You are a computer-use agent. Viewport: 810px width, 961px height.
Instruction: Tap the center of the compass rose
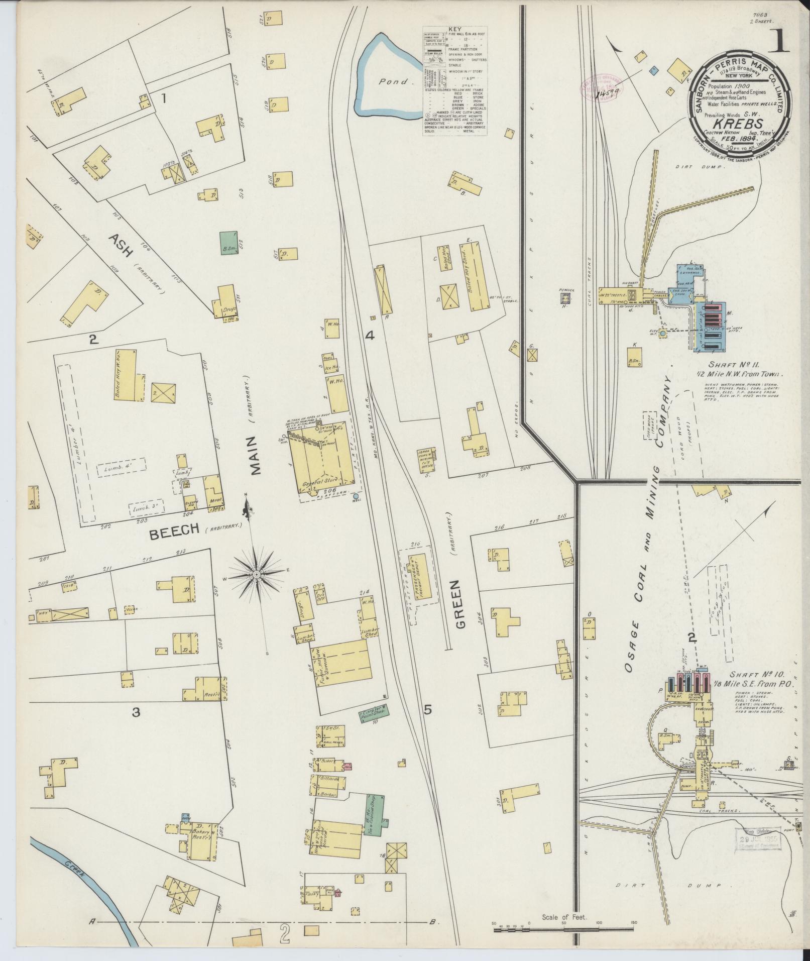pos(257,574)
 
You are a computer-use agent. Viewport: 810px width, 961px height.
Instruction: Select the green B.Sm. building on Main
pos(229,241)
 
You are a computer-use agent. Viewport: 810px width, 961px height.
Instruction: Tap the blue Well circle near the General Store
pos(356,496)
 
